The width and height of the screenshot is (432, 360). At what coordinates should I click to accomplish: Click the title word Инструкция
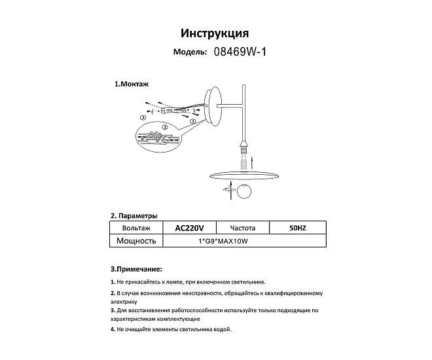pyautogui.click(x=214, y=33)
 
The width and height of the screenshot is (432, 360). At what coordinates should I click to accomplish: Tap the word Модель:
pyautogui.click(x=190, y=52)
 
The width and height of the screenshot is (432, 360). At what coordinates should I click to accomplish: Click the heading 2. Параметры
pyautogui.click(x=134, y=215)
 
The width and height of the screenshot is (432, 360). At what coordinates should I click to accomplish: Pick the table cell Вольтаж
pyautogui.click(x=136, y=228)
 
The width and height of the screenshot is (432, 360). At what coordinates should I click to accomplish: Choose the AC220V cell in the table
pyautogui.click(x=190, y=228)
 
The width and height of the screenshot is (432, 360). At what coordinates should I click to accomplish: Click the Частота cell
pyautogui.click(x=242, y=228)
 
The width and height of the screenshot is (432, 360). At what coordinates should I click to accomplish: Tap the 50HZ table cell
pyautogui.click(x=297, y=228)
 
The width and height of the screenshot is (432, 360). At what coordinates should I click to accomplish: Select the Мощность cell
pyautogui.click(x=136, y=241)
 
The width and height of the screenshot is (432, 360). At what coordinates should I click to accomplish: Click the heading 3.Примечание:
pyautogui.click(x=136, y=269)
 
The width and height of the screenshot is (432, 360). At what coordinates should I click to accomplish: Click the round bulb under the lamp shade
pyautogui.click(x=243, y=192)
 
